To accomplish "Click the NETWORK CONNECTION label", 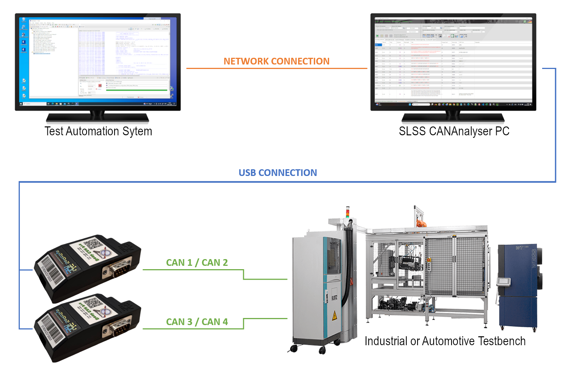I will pyautogui.click(x=276, y=61).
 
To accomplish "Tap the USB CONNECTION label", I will pyautogui.click(x=278, y=173).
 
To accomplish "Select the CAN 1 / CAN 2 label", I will pyautogui.click(x=197, y=262).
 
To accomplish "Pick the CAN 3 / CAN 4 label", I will pyautogui.click(x=197, y=322).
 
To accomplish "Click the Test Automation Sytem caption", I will pyautogui.click(x=98, y=131).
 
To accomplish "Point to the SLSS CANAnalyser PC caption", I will pyautogui.click(x=454, y=131).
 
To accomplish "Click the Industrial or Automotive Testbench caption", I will pyautogui.click(x=445, y=341).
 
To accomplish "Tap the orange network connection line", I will pyautogui.click(x=276, y=69).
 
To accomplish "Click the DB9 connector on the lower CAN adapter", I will pyautogui.click(x=117, y=328).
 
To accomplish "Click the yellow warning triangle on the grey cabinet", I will pyautogui.click(x=334, y=316).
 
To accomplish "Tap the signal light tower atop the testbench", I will pyautogui.click(x=348, y=212).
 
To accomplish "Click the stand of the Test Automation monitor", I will pyautogui.click(x=97, y=117).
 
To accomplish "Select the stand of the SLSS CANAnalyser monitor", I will pyautogui.click(x=453, y=117).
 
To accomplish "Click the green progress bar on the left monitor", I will pyautogui.click(x=137, y=90).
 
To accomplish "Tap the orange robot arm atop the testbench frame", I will pyautogui.click(x=421, y=224).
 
